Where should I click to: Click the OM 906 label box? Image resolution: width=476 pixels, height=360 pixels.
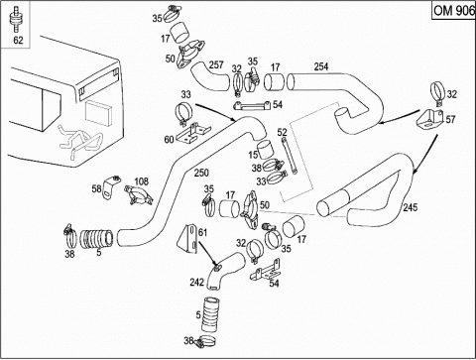[453, 11]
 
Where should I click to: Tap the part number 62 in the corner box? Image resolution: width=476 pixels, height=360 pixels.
[18, 40]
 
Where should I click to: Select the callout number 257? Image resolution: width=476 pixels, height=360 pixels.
[216, 64]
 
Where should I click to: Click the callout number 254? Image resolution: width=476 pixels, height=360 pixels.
[321, 66]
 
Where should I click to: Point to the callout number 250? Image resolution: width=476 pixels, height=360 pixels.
[201, 173]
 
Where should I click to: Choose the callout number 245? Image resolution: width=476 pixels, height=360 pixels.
[411, 207]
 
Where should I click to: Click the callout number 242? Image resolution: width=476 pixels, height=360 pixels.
[197, 282]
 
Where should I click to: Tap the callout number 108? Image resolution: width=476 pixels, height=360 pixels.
[141, 181]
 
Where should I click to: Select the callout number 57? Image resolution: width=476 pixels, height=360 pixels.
[450, 119]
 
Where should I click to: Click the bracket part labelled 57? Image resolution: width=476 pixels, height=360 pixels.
[430, 119]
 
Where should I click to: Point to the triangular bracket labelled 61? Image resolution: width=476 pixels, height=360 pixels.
[187, 239]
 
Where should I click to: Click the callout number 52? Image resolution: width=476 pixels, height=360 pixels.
[282, 132]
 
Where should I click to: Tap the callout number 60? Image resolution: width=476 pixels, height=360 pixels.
[169, 140]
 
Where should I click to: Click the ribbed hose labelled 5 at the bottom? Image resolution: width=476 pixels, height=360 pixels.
[211, 313]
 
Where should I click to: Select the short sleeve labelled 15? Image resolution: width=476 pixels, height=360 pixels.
[265, 150]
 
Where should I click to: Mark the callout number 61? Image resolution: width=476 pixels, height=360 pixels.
[202, 232]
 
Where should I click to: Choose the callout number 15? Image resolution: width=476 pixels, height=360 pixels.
[253, 154]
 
